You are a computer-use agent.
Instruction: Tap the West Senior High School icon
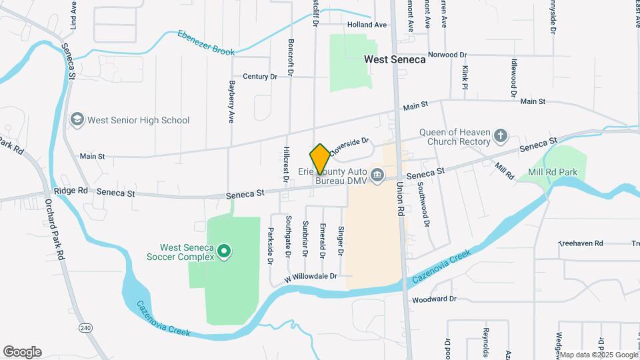[x=77, y=120]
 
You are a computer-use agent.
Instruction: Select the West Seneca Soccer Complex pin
[x=225, y=252]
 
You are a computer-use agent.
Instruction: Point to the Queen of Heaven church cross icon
[x=501, y=137]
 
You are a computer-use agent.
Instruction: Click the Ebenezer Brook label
[x=206, y=42]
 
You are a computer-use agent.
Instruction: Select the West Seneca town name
[x=395, y=59]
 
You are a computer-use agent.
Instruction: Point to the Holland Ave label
[x=367, y=25]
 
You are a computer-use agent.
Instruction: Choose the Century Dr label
[x=260, y=77]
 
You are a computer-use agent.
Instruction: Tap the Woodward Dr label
[x=433, y=299]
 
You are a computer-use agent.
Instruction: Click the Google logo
[x=22, y=352]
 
